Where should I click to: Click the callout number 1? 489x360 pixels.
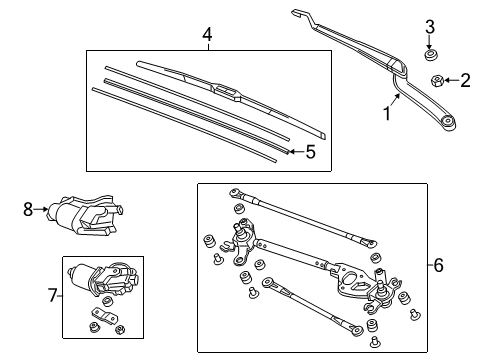click(386, 114)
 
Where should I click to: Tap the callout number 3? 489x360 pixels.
click(431, 26)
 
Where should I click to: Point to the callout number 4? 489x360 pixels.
click(207, 36)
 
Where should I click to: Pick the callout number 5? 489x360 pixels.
click(310, 152)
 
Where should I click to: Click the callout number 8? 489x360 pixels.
click(28, 209)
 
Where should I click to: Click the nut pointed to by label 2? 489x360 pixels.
click(436, 80)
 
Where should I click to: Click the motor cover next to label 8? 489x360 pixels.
click(85, 212)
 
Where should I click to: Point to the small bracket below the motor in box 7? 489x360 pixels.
click(101, 321)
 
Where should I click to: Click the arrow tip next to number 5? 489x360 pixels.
click(289, 151)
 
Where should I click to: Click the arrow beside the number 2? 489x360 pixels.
click(449, 80)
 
